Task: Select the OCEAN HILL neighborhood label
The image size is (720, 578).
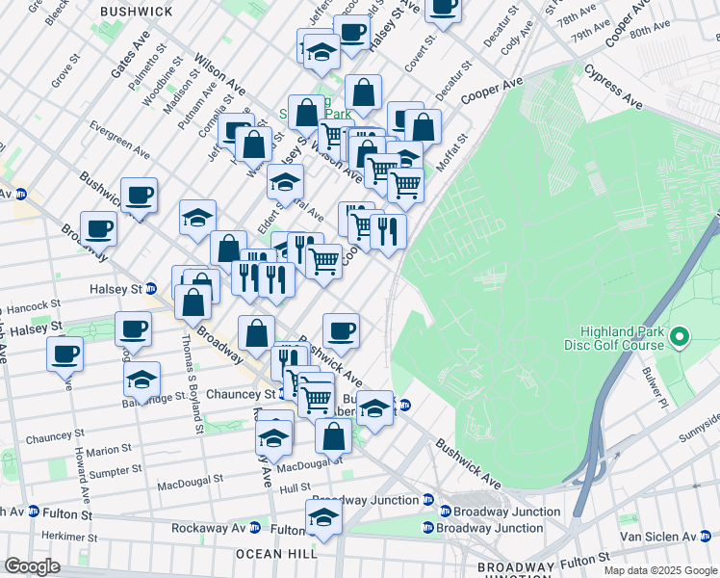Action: point(277,554)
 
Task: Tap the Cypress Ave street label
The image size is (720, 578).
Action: point(613,86)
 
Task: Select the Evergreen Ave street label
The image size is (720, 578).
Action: point(119,139)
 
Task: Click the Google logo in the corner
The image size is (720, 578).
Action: point(32,566)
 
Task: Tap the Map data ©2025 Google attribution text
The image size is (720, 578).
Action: point(660,570)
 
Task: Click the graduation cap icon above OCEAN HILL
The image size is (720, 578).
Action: point(323,518)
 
